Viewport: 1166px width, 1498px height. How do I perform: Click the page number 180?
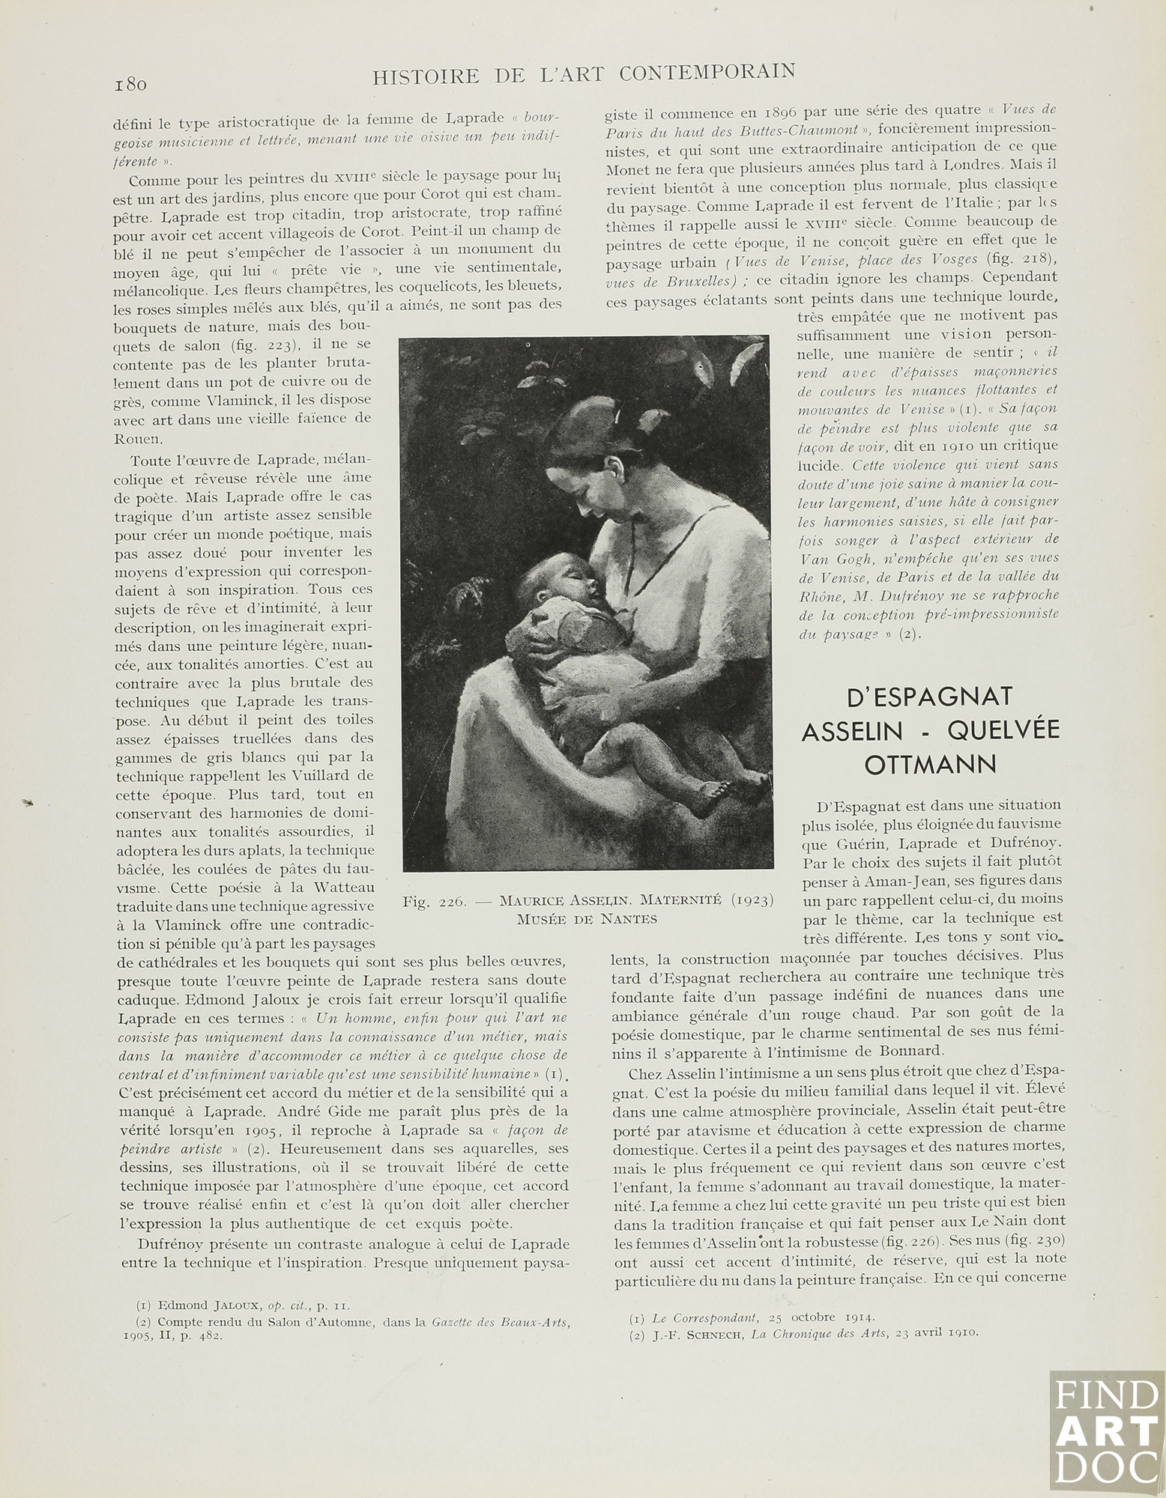(130, 82)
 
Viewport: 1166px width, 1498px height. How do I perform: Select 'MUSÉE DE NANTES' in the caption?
(587, 920)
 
